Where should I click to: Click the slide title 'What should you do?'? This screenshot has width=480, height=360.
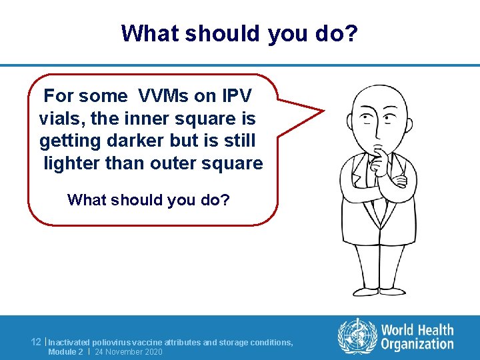[240, 33]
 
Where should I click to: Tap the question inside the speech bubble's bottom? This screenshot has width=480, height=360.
[149, 200]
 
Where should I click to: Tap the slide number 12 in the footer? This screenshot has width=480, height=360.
[37, 342]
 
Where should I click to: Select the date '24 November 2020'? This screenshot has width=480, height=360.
[129, 352]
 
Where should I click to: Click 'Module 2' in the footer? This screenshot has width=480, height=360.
[65, 352]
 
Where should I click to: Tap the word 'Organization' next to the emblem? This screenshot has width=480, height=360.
[417, 345]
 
